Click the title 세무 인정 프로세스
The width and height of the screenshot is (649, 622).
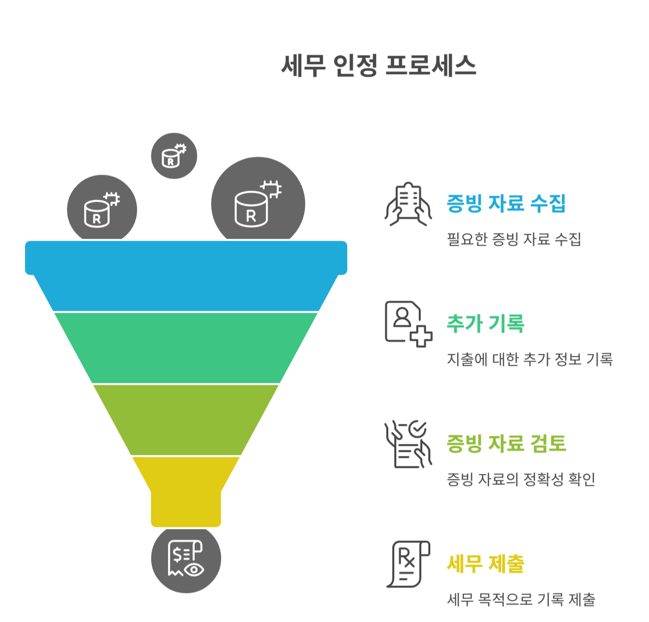click(378, 66)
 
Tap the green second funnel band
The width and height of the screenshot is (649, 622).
click(186, 348)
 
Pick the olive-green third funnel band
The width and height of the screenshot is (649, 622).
click(186, 419)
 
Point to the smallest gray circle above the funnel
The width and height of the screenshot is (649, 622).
click(174, 156)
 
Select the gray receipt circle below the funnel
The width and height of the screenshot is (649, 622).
click(186, 559)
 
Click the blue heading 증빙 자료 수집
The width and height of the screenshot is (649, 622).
click(506, 204)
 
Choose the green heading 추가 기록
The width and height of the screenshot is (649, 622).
click(485, 324)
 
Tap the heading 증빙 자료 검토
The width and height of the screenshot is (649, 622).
click(506, 444)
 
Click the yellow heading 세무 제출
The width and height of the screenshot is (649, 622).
click(485, 564)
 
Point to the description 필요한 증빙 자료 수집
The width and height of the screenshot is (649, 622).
click(513, 239)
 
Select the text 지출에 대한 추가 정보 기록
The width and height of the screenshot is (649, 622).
click(529, 359)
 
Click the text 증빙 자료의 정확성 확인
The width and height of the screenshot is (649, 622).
click(520, 479)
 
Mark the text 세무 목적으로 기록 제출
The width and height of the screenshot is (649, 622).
click(520, 599)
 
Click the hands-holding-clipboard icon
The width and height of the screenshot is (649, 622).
click(408, 204)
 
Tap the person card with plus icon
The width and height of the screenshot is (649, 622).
click(408, 324)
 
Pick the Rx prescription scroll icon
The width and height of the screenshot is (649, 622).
click(408, 564)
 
